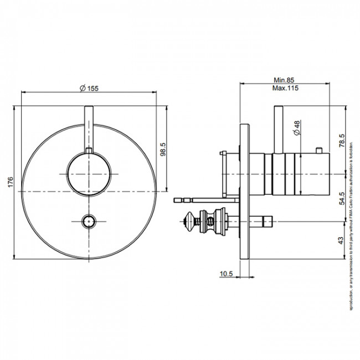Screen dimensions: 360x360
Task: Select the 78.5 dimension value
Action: [343, 138]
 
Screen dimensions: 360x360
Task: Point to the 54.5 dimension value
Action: [343, 198]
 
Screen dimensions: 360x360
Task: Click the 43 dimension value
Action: [343, 241]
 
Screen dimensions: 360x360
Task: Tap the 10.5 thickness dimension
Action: [226, 273]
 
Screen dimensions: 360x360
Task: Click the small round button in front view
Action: [88, 222]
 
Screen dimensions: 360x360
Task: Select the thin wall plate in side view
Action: [245, 191]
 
